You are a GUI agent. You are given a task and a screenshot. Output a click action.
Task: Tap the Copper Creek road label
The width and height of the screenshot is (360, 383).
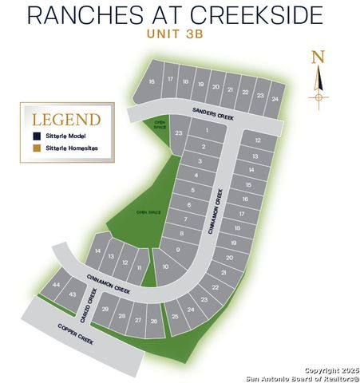(x=76, y=335)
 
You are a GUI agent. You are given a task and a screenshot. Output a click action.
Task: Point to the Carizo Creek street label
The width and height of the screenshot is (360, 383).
(x=81, y=306)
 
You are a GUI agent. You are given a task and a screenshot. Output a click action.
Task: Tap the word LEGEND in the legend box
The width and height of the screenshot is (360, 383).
(x=66, y=120)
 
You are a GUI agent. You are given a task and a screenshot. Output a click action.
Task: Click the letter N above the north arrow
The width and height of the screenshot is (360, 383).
(x=318, y=56)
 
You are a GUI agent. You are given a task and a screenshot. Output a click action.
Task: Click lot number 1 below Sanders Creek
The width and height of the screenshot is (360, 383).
(x=208, y=129)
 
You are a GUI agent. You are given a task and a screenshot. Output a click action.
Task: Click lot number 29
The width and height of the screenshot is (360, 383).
(x=105, y=309)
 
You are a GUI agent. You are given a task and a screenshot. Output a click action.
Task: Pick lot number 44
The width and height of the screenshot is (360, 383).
(x=56, y=285)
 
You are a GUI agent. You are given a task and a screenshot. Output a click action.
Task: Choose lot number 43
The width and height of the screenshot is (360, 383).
(x=72, y=294)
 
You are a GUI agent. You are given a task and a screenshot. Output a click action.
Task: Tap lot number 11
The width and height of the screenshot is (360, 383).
(x=140, y=267)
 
